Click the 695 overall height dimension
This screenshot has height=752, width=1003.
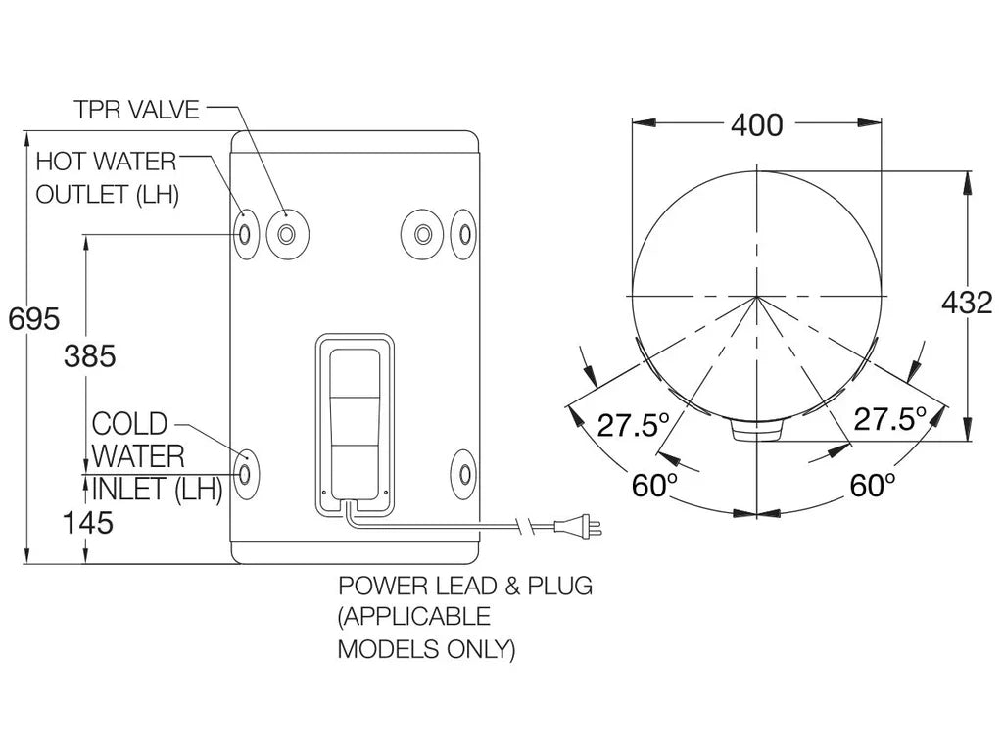(33, 318)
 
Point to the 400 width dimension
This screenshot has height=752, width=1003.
(756, 125)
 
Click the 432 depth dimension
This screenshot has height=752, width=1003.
(966, 304)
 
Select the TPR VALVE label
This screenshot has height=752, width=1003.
(136, 110)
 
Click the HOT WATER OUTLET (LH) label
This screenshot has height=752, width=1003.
(107, 177)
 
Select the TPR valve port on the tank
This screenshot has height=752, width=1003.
(287, 234)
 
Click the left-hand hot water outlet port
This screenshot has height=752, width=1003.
(244, 234)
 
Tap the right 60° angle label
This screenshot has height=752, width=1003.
(871, 485)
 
